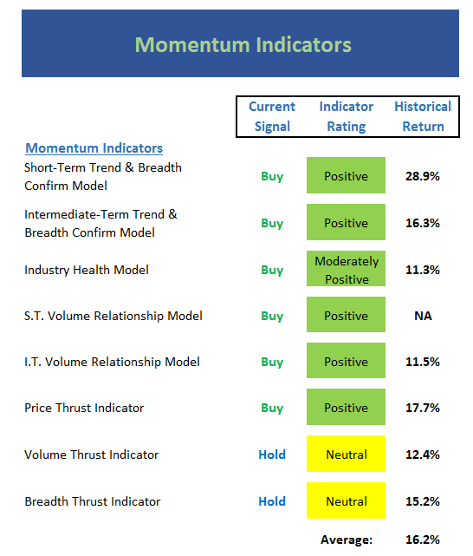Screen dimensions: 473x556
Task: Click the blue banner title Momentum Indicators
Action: pyautogui.click(x=243, y=45)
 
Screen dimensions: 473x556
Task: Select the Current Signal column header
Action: pyautogui.click(x=272, y=116)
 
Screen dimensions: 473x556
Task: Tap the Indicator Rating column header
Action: pyautogui.click(x=347, y=116)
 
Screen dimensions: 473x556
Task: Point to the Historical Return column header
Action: pyautogui.click(x=423, y=116)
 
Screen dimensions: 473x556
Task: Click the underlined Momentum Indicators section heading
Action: pyautogui.click(x=94, y=147)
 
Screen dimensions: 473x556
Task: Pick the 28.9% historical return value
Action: pyautogui.click(x=423, y=176)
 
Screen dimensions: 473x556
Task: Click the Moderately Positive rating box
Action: pyautogui.click(x=346, y=268)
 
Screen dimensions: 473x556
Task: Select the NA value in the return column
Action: pyautogui.click(x=423, y=316)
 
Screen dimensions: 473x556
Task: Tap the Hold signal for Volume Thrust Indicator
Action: pyautogui.click(x=272, y=455)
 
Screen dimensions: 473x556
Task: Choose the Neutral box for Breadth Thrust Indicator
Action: pyautogui.click(x=346, y=500)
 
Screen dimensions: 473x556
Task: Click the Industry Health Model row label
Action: pyautogui.click(x=87, y=270)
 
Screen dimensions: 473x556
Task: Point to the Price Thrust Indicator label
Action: pyautogui.click(x=84, y=408)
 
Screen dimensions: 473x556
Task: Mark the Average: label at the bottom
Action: pyautogui.click(x=347, y=540)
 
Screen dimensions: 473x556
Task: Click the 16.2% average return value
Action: pyautogui.click(x=423, y=540)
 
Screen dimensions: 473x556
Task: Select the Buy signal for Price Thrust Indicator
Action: pyautogui.click(x=272, y=409)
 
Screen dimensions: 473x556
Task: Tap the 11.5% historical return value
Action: pyautogui.click(x=423, y=362)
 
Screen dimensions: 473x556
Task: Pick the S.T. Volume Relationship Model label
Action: pyautogui.click(x=113, y=316)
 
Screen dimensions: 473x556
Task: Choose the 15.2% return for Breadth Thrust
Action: pyautogui.click(x=423, y=501)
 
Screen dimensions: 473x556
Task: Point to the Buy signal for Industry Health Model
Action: pyautogui.click(x=272, y=271)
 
